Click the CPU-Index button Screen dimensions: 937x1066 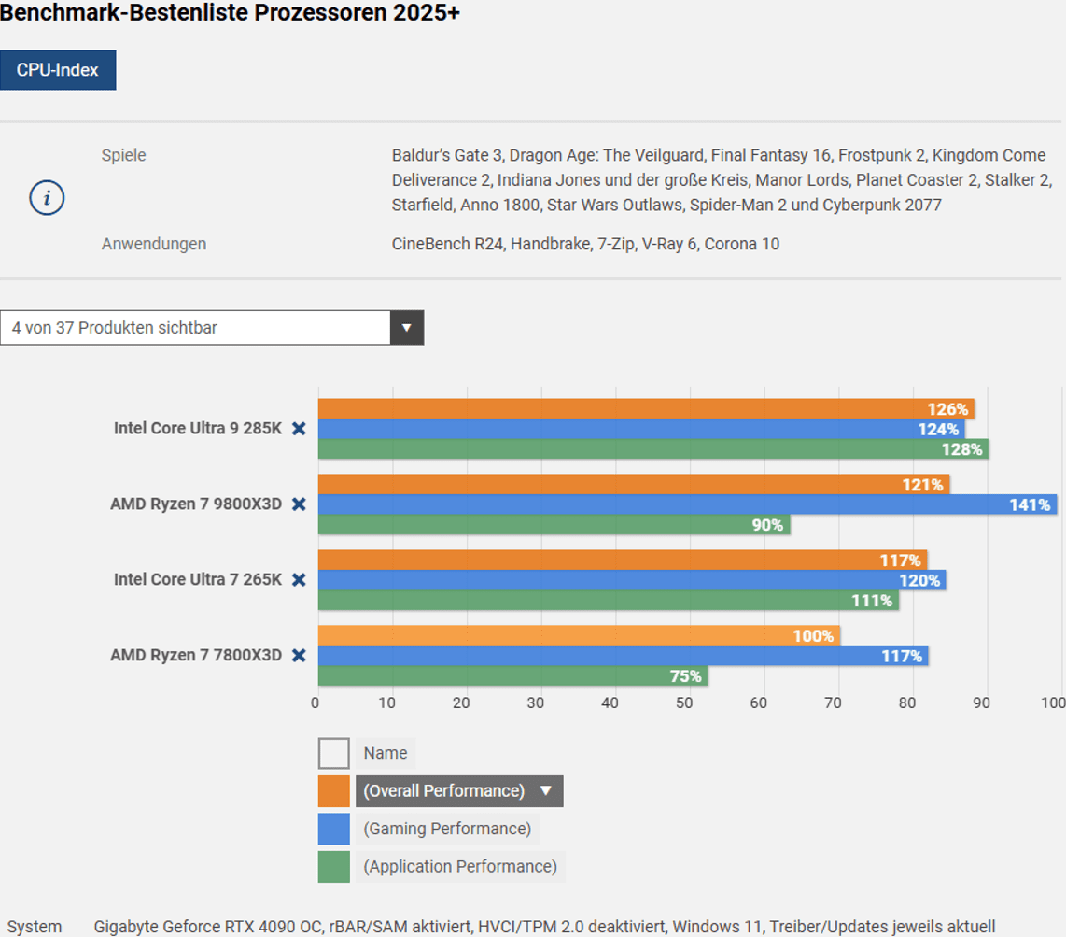pyautogui.click(x=58, y=70)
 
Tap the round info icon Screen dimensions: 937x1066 pyautogui.click(x=47, y=198)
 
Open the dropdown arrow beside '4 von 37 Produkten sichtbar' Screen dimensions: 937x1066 pyautogui.click(x=406, y=328)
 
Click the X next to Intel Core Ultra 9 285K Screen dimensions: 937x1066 pyautogui.click(x=299, y=429)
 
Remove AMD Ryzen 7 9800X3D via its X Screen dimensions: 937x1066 pyautogui.click(x=299, y=504)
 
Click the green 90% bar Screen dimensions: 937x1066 pyautogui.click(x=554, y=525)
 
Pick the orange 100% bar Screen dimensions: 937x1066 pyautogui.click(x=579, y=636)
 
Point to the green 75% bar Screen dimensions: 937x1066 pyautogui.click(x=512, y=675)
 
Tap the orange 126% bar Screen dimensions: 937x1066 pyautogui.click(x=646, y=409)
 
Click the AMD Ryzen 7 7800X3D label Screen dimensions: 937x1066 pyautogui.click(x=196, y=656)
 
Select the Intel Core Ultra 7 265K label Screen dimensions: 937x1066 pyautogui.click(x=198, y=580)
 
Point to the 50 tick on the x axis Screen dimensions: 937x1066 pyautogui.click(x=685, y=703)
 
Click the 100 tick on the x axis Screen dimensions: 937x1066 pyautogui.click(x=1053, y=703)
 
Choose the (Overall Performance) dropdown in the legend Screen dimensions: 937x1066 pyautogui.click(x=458, y=791)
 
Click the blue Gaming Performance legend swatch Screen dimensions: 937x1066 pyautogui.click(x=334, y=829)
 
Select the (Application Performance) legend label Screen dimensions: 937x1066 pyautogui.click(x=460, y=867)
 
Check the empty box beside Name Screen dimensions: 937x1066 pyautogui.click(x=334, y=753)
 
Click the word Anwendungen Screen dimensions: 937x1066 pyautogui.click(x=154, y=244)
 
